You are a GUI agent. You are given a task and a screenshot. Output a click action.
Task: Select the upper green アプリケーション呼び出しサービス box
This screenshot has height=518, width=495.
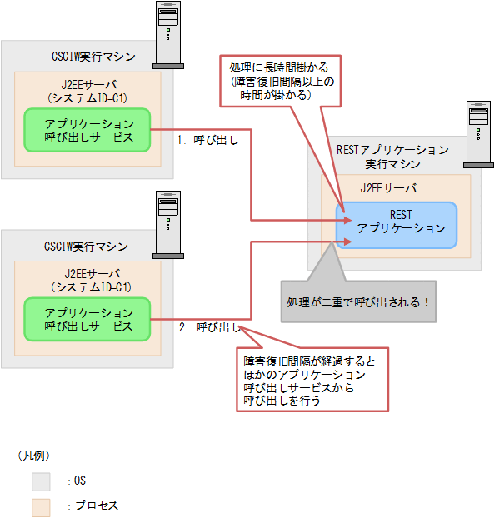coord(87,130)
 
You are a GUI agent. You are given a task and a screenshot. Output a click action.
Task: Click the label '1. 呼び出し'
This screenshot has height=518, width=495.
coord(207,140)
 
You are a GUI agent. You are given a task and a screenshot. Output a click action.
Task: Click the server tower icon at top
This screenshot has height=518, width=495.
coord(170,33)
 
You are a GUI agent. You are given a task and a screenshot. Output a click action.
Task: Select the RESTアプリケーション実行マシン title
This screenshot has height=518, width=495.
coord(392,157)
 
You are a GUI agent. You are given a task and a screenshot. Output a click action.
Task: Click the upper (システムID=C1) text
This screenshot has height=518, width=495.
coord(88,97)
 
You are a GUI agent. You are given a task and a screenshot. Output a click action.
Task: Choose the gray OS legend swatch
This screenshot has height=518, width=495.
coord(42,481)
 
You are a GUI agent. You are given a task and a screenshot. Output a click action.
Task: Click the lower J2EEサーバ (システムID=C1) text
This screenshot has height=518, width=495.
coord(88,280)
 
